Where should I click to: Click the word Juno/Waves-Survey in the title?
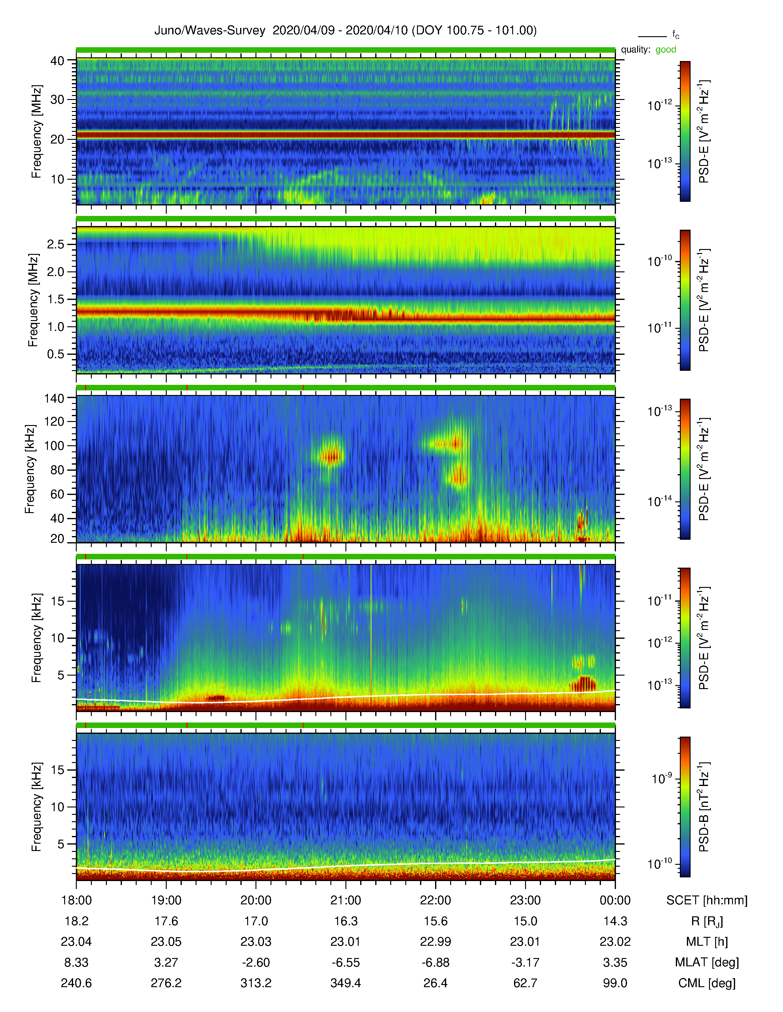click(210, 31)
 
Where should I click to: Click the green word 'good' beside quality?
click(666, 50)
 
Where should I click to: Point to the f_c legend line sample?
click(652, 36)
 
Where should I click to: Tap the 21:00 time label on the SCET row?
click(345, 900)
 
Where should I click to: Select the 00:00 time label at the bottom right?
click(615, 900)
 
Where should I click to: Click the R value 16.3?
click(345, 921)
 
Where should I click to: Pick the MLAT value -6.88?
click(436, 962)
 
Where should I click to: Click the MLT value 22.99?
click(436, 941)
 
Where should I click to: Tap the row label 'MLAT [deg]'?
click(707, 962)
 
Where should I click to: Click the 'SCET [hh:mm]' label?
click(707, 900)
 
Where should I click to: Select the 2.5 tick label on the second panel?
click(56, 244)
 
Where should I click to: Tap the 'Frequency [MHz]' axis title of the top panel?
click(36, 132)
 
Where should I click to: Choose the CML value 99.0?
click(615, 983)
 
